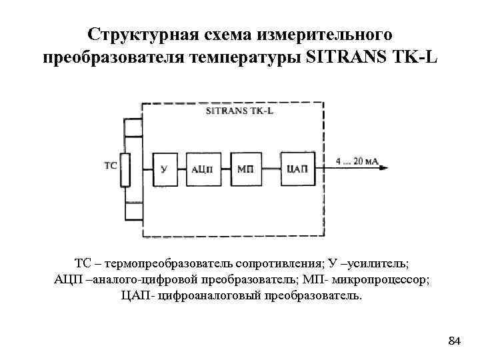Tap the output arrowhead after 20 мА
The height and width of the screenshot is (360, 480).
[x=385, y=168]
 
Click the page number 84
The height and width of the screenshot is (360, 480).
[x=454, y=342]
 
